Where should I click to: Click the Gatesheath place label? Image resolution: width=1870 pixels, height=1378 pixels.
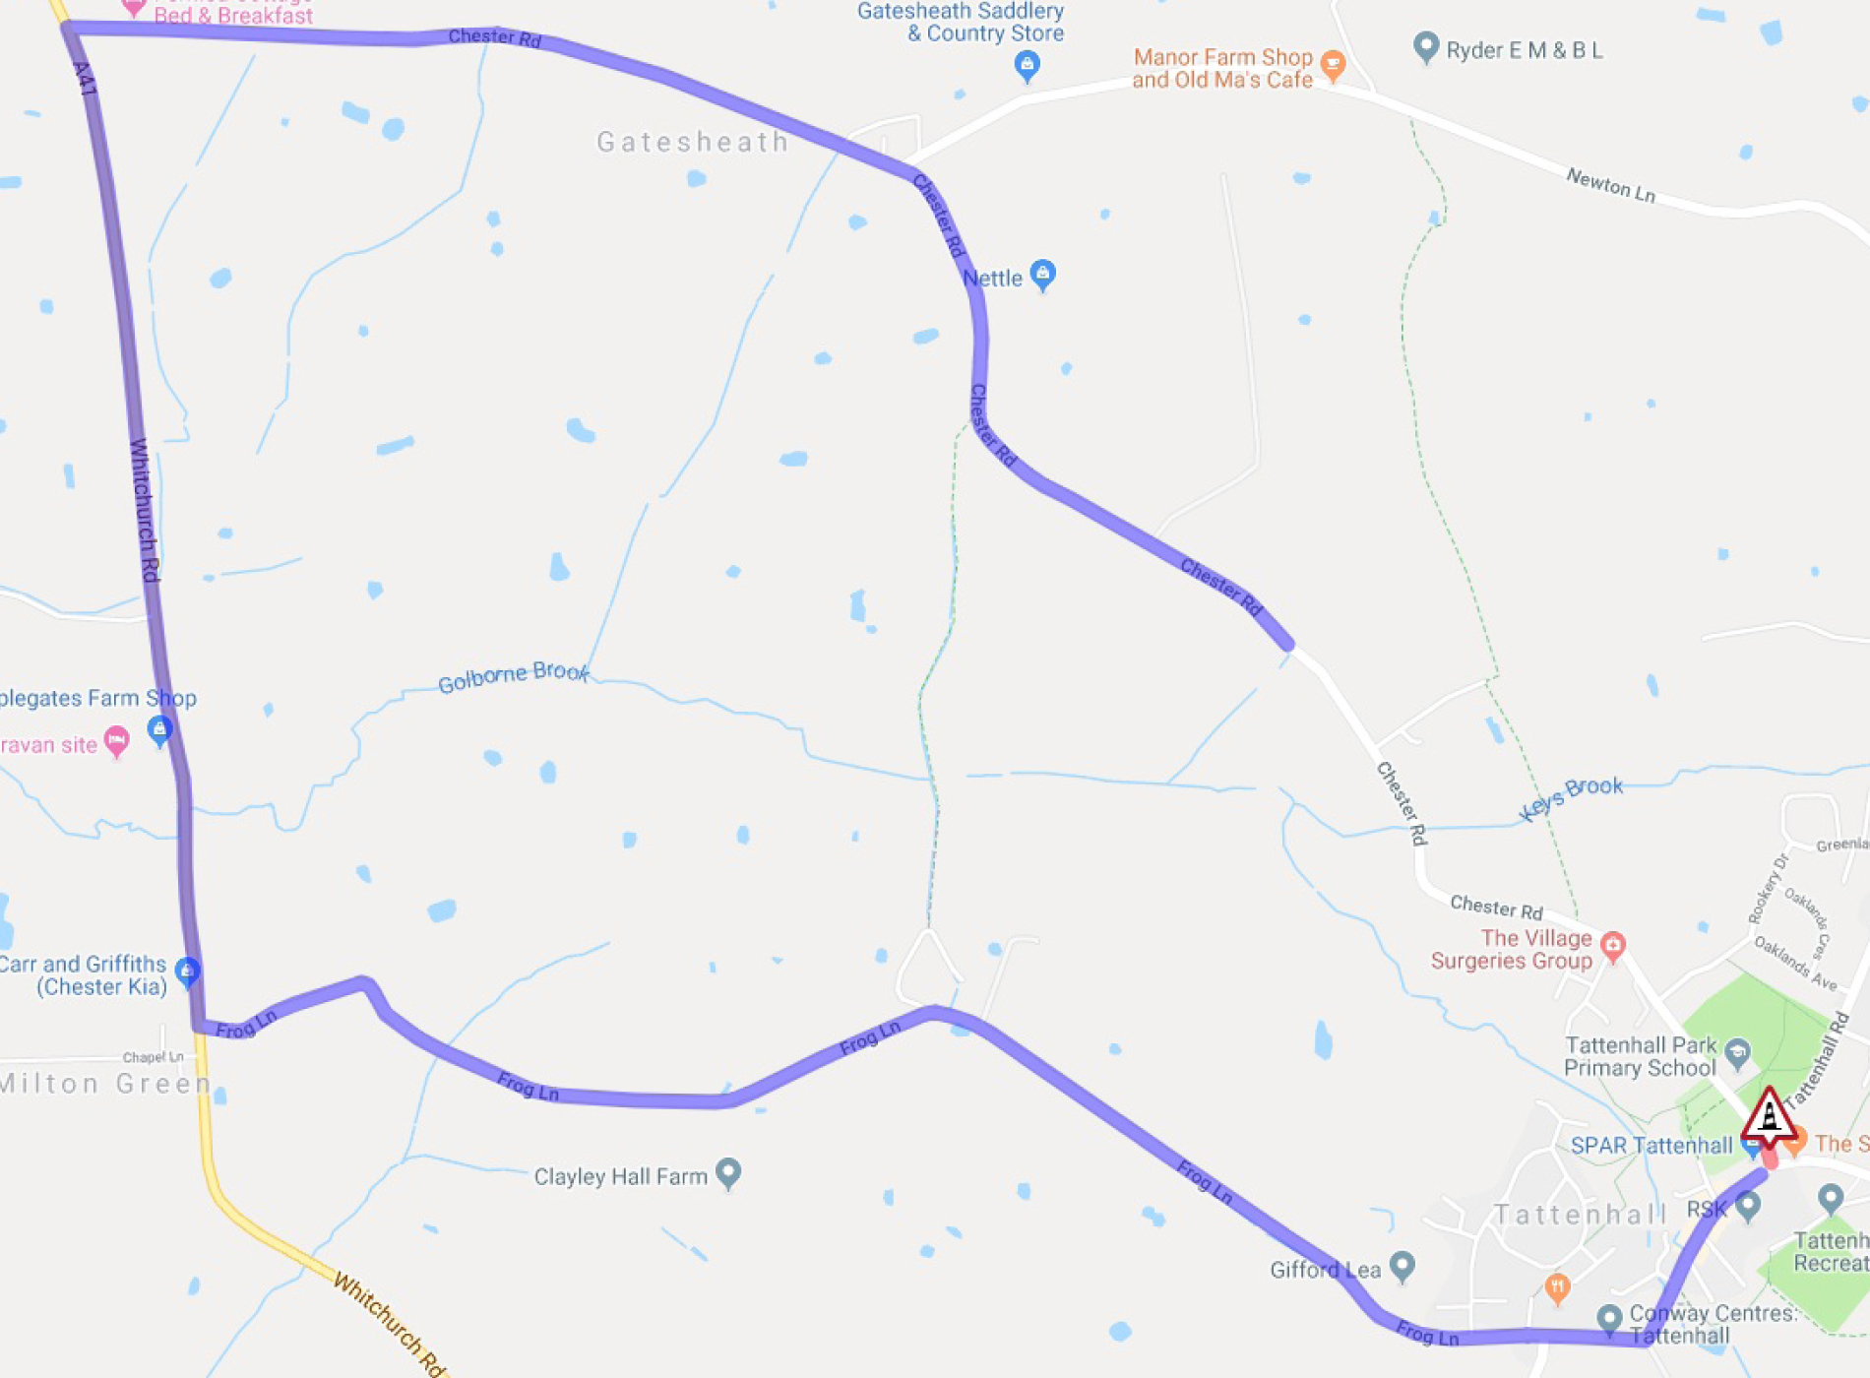pos(692,143)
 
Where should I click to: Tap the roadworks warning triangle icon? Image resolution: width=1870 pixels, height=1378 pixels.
pos(1769,1118)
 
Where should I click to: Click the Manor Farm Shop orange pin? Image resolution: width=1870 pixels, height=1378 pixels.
pos(1333,65)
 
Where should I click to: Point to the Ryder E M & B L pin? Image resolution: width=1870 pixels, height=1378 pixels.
pos(1425,47)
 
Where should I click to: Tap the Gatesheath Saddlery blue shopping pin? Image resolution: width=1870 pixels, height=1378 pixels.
pos(1027,66)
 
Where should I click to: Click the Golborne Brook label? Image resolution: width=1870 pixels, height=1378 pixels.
pos(513,677)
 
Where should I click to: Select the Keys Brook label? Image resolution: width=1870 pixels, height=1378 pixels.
pos(1570,797)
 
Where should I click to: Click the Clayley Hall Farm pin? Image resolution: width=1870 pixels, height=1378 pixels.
pos(727,1172)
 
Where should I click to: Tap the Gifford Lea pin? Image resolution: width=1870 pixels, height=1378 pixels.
pos(1402,1266)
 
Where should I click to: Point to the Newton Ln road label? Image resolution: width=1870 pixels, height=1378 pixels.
pos(1610,185)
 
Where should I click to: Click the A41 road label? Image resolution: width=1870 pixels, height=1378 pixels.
pos(85,79)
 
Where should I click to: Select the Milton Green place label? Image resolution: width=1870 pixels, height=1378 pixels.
pos(104,1084)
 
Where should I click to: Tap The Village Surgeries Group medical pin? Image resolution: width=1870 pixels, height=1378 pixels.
pos(1612,946)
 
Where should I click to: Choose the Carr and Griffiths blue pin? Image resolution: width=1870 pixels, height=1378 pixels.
pos(187,971)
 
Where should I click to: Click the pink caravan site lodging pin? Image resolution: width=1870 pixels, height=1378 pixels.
pos(117,740)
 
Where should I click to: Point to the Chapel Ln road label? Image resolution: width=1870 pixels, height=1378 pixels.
pos(153,1057)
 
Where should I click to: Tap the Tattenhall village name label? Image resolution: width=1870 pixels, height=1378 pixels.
pos(1580,1215)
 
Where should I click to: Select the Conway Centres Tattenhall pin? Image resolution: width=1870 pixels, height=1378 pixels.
pos(1609,1318)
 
